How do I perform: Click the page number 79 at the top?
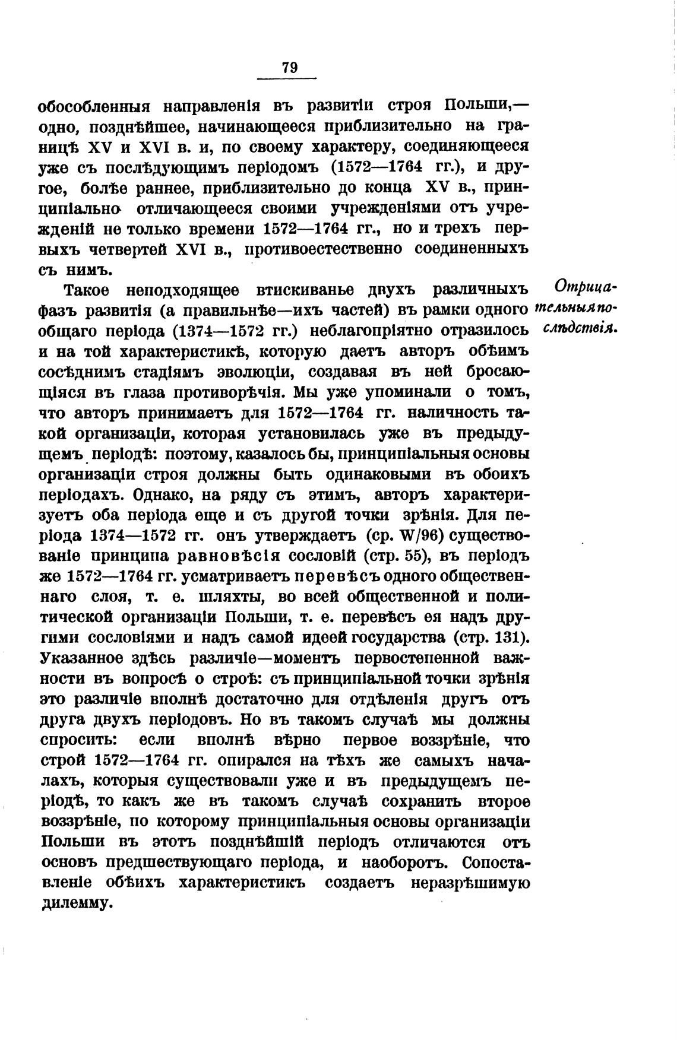(x=289, y=68)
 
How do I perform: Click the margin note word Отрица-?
(x=586, y=287)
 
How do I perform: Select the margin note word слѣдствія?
(x=581, y=328)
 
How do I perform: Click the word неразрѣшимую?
(x=470, y=883)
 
